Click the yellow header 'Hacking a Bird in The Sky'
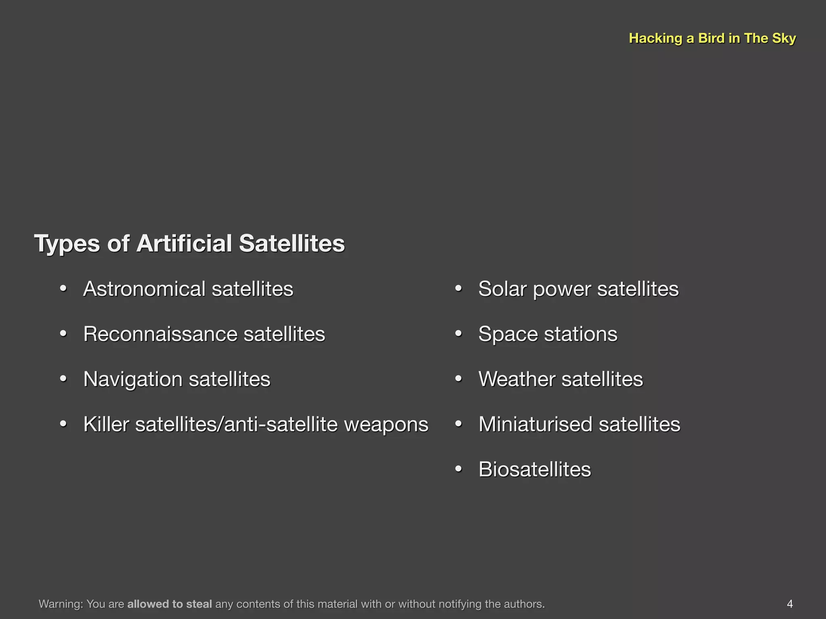click(712, 38)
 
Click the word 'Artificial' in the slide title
click(184, 243)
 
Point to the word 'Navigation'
click(133, 380)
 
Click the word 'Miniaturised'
click(536, 424)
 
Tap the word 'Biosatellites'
click(535, 469)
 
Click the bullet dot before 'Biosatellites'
click(458, 469)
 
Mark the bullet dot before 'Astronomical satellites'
click(63, 289)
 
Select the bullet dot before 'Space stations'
click(458, 334)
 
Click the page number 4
click(789, 604)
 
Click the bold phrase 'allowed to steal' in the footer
click(169, 604)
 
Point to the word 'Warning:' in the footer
click(61, 604)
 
